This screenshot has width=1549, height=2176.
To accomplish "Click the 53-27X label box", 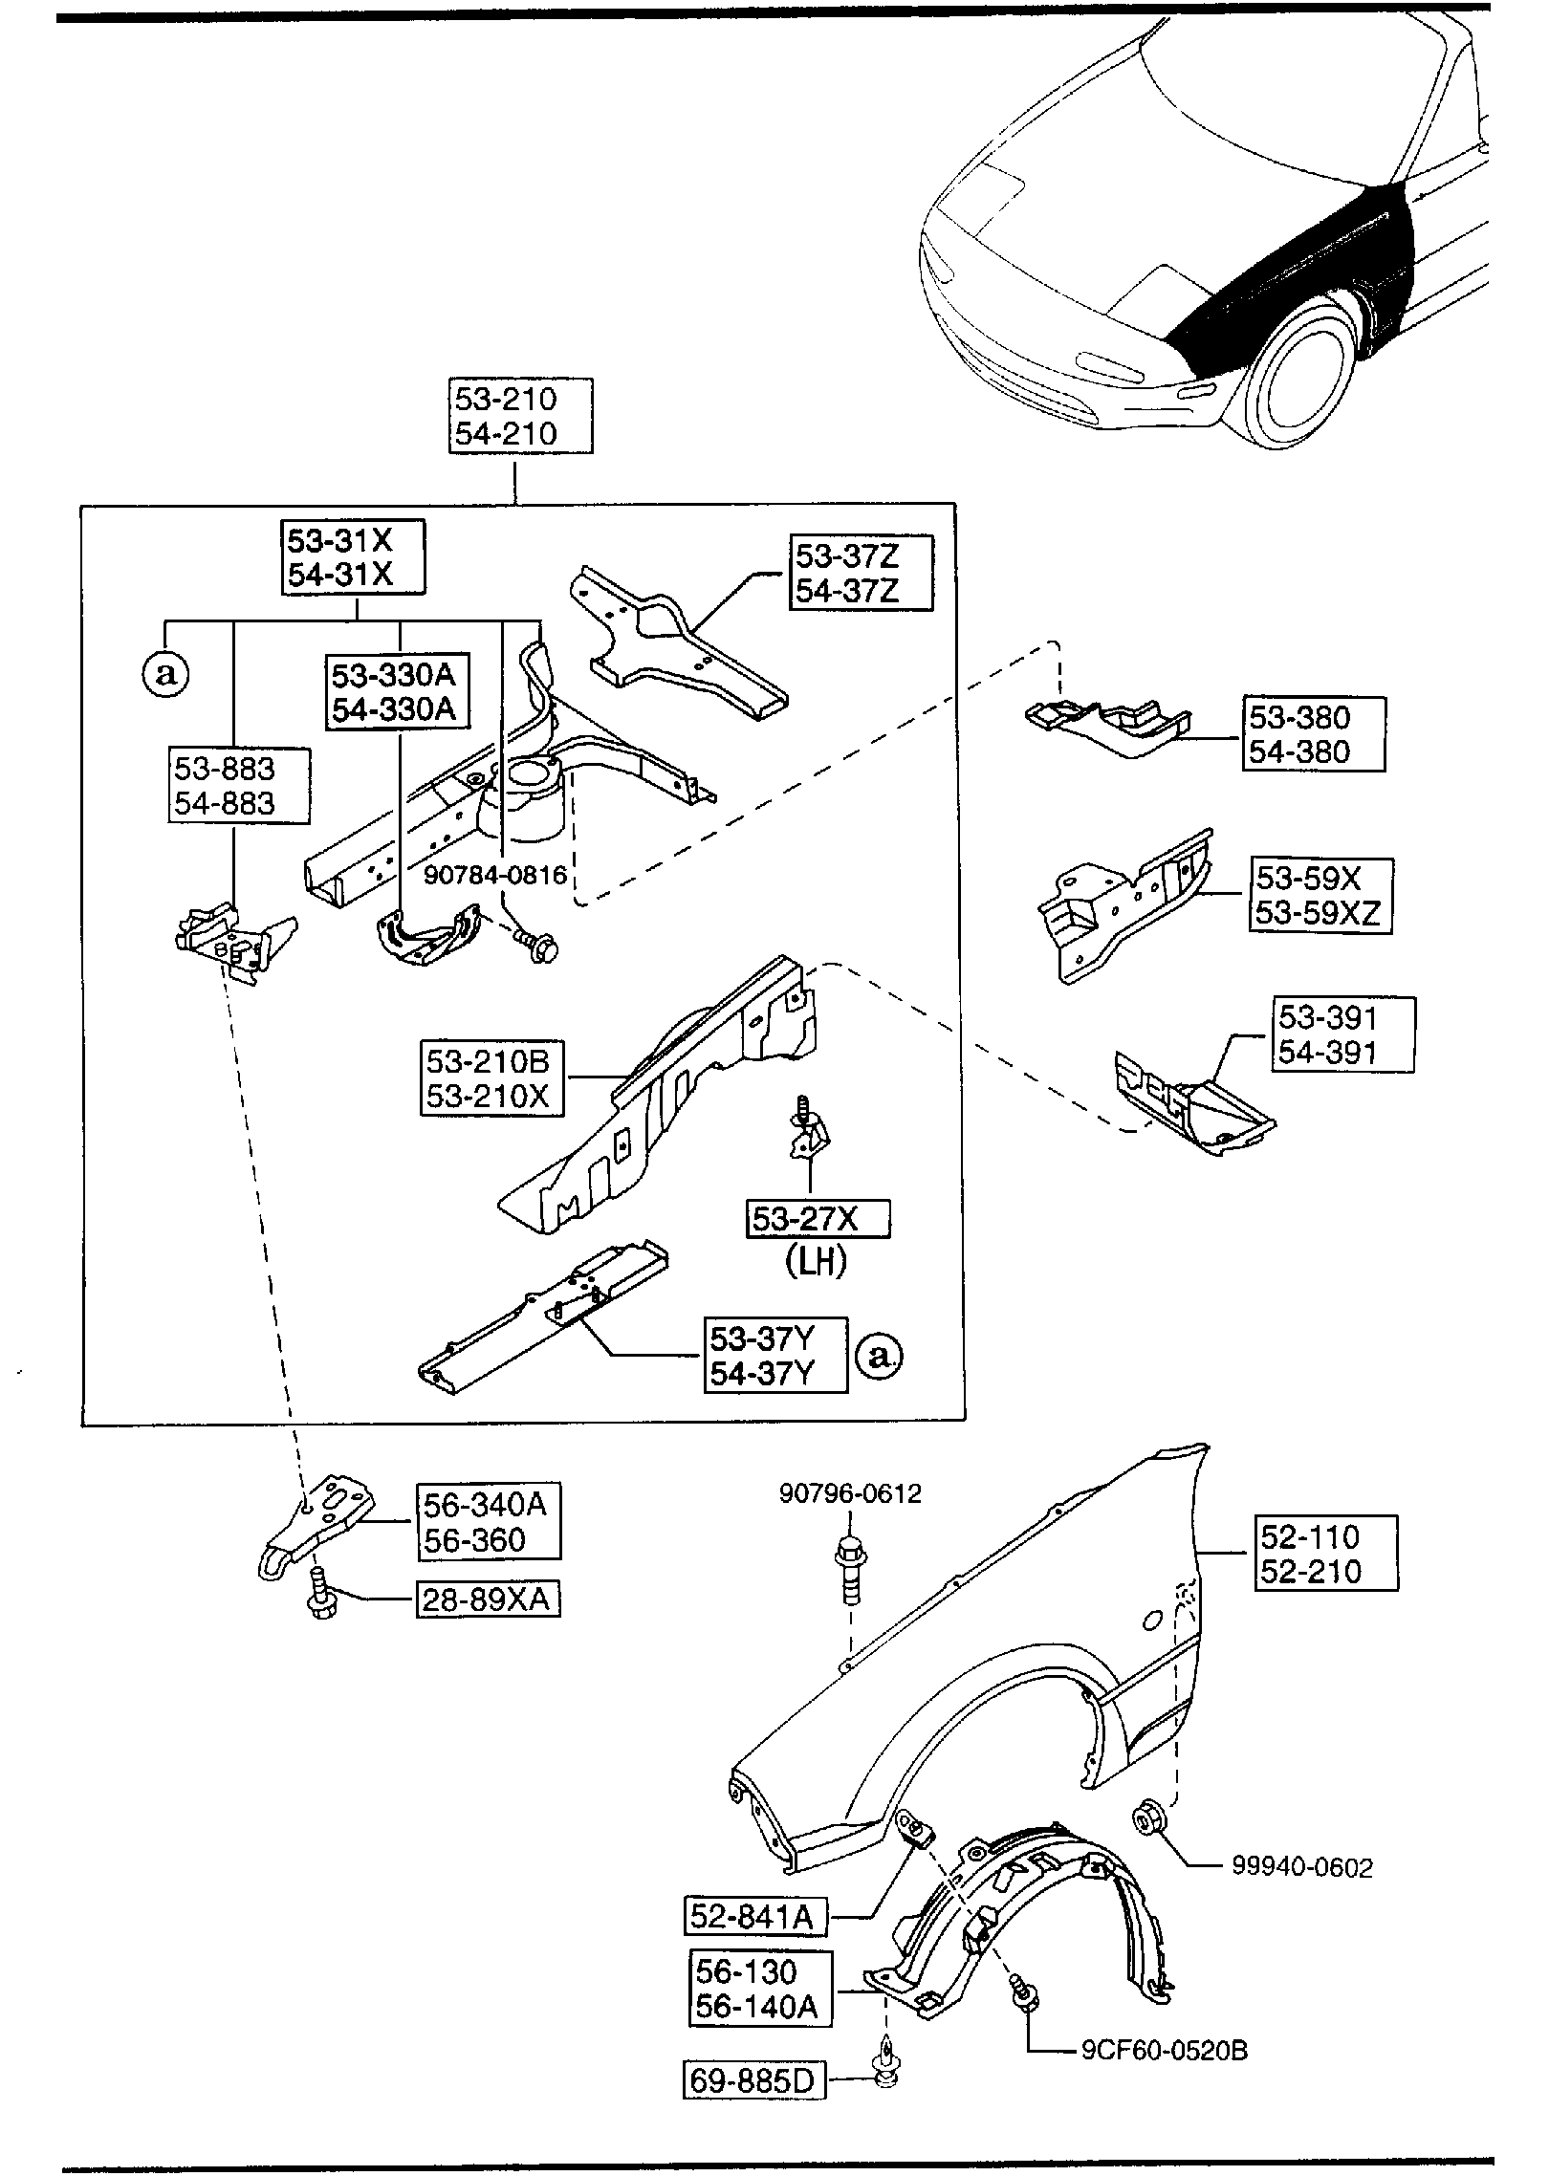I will [x=818, y=1218].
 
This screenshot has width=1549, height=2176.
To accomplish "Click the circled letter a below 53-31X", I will [x=166, y=675].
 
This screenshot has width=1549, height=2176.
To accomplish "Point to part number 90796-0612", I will [x=850, y=1493].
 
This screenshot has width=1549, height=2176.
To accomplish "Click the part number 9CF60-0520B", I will [x=1165, y=2052].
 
